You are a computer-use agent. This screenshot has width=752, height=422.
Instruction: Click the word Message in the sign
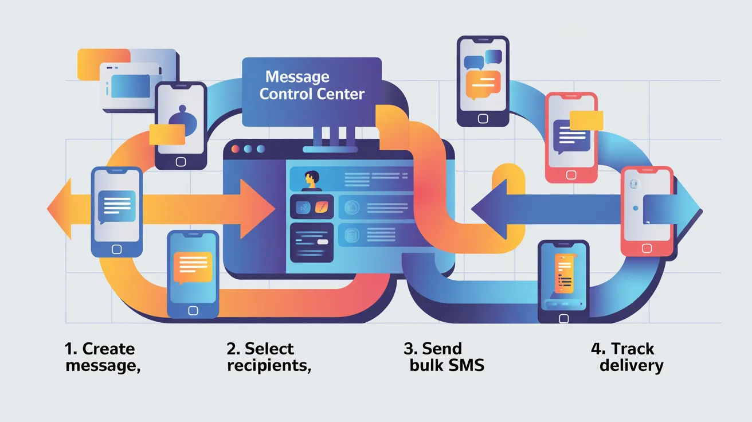click(297, 77)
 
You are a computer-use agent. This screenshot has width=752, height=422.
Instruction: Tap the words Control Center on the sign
click(312, 94)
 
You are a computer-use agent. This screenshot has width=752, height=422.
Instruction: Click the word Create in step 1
click(108, 349)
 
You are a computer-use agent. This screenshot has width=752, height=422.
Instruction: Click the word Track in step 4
click(632, 349)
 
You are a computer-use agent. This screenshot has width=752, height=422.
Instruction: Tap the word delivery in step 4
click(632, 366)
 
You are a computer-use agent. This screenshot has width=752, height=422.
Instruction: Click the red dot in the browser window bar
click(236, 149)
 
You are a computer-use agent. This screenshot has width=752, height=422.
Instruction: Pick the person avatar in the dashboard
click(311, 180)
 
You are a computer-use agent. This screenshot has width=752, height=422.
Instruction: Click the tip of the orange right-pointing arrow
click(275, 209)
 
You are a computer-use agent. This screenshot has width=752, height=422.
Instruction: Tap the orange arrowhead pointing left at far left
click(60, 209)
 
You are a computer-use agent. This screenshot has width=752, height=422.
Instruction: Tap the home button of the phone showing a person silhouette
click(181, 162)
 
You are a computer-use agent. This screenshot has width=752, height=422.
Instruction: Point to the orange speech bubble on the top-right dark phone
click(483, 85)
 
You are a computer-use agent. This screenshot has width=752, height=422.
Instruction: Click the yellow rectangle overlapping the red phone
click(586, 120)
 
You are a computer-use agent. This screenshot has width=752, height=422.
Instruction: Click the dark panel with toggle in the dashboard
click(312, 243)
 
